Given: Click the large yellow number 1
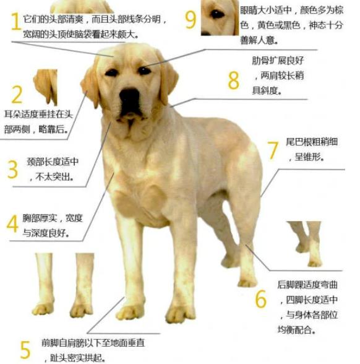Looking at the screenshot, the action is [16, 21].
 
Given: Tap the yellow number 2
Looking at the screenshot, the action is [17, 94].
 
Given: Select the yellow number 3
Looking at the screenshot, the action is [12, 170].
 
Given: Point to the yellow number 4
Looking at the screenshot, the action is [12, 223].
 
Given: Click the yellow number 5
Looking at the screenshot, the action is [25, 350].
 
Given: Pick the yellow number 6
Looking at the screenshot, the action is [261, 298].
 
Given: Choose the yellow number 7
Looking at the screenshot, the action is [273, 150].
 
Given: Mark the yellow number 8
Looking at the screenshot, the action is [233, 80].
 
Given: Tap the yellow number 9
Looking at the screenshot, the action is [191, 20].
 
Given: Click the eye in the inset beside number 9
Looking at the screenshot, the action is [216, 14].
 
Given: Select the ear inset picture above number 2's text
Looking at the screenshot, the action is [46, 87].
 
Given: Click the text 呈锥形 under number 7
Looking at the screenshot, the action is [309, 157].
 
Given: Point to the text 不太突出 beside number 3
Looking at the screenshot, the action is [54, 177].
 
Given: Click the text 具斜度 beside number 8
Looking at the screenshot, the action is [267, 90].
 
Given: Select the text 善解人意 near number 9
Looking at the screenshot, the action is [259, 40].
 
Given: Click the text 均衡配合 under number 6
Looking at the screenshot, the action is [296, 329].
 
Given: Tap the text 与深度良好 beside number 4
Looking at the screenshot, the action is [46, 233].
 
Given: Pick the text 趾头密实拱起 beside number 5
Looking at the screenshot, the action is [76, 358].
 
